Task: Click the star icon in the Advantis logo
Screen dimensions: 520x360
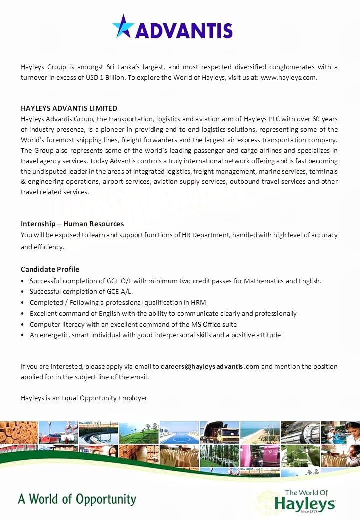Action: (123, 26)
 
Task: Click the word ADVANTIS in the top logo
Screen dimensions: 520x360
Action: (184, 31)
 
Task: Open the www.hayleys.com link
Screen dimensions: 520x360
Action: (288, 77)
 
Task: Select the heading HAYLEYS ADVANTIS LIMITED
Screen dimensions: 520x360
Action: (69, 108)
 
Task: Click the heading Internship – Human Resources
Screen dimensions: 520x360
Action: (72, 224)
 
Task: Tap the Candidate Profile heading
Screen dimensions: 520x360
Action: (50, 269)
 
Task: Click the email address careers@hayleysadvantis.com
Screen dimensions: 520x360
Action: (210, 366)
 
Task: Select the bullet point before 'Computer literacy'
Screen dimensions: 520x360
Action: (23, 324)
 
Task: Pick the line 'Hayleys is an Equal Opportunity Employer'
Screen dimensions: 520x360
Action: (84, 398)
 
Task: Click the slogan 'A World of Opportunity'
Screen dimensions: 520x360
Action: (77, 499)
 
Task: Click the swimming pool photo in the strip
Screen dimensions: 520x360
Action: (179, 433)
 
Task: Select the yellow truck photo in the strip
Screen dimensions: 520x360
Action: (220, 433)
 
